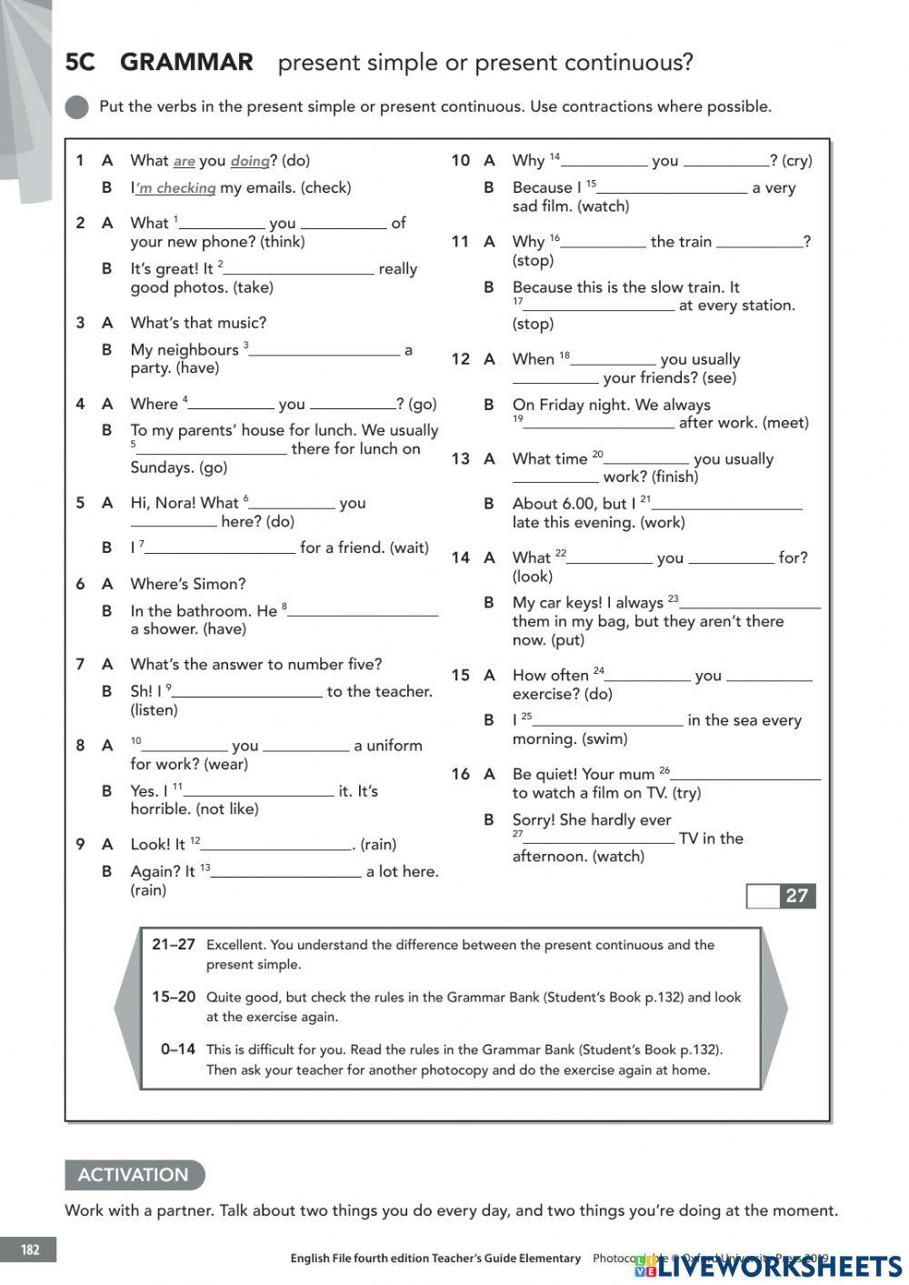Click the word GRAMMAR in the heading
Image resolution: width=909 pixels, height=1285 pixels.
(186, 62)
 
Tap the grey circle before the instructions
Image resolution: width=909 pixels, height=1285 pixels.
(77, 107)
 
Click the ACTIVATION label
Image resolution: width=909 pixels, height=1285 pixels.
(134, 1174)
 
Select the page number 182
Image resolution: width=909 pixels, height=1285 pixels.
(30, 1250)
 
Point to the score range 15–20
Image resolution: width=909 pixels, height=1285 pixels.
(174, 997)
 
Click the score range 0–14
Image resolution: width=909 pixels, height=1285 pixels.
(177, 1049)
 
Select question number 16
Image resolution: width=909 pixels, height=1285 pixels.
(460, 774)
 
